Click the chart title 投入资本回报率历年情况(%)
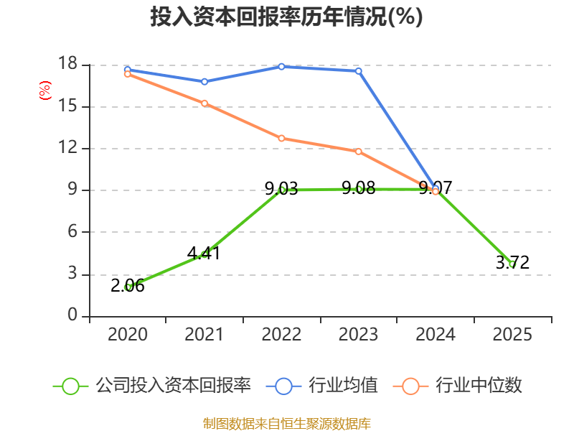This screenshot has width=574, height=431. pos(286,17)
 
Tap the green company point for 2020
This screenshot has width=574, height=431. pos(128,287)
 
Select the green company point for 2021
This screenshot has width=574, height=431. pos(204,254)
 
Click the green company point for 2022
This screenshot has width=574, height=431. pos(281,190)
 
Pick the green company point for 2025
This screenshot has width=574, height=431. pos(512,264)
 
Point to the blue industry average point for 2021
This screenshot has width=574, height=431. pos(204,82)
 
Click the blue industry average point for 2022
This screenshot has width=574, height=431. pos(281,67)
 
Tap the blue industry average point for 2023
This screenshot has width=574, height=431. pos(359,71)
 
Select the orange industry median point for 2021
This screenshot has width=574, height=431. pos(204,103)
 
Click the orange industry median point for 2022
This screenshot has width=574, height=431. pos(281,138)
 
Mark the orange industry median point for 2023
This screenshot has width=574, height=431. pos(359,152)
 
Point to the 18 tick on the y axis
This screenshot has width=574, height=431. pos(67,65)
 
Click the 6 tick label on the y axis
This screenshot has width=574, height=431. pos(72,232)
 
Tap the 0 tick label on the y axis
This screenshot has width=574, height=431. pos(72,315)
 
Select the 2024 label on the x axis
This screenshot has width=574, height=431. pos(436,335)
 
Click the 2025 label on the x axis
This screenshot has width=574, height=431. pos(512,335)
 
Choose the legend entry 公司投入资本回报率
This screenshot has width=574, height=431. pos(153,386)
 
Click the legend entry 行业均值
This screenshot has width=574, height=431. pos(323,386)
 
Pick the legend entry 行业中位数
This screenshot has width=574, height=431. pos(459,386)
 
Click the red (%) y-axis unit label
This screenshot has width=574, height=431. pos(45,91)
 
